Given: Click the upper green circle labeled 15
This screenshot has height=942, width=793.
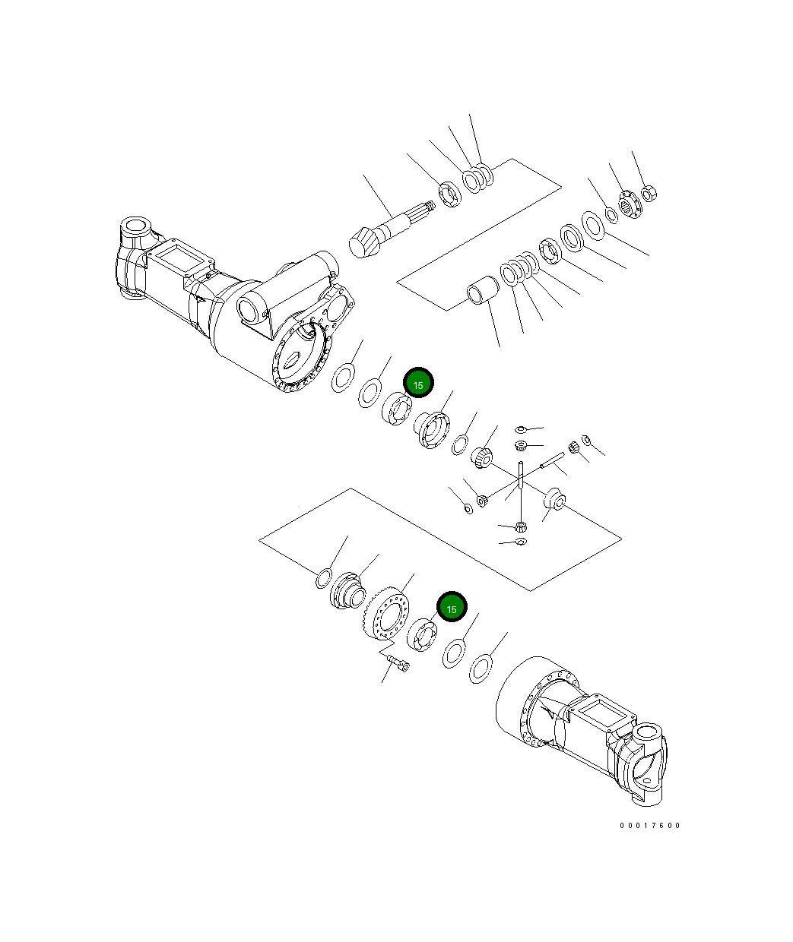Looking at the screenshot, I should (417, 384).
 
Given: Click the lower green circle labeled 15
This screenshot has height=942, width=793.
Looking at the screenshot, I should (452, 608).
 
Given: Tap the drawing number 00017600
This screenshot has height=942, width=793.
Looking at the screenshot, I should (650, 826).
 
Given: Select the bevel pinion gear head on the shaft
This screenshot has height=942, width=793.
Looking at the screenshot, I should (363, 245).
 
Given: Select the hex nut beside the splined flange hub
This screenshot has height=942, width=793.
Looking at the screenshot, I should (649, 194).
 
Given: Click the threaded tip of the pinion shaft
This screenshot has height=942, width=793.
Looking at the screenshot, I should (430, 206).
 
